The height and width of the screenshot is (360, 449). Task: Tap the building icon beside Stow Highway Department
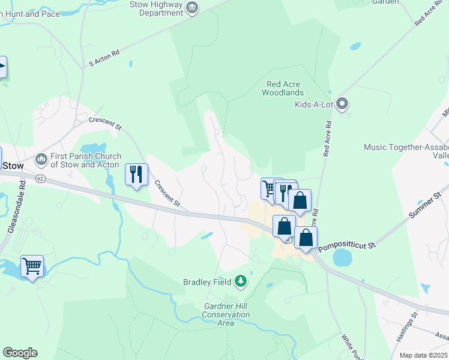click(x=193, y=8)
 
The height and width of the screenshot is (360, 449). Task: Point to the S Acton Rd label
click(x=104, y=58)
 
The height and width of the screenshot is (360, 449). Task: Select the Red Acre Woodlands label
click(x=283, y=88)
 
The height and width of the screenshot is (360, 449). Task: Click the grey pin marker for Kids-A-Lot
click(x=343, y=104)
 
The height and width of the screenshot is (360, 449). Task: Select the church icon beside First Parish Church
click(x=41, y=159)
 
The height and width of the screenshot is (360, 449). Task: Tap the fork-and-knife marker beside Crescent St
click(x=136, y=175)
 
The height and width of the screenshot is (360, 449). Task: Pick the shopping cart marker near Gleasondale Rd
click(x=32, y=265)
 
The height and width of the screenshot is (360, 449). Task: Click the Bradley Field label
click(x=208, y=281)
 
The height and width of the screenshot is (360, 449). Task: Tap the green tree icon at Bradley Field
click(x=241, y=281)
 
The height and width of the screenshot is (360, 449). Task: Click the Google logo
click(x=20, y=353)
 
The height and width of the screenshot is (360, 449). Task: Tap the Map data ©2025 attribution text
click(x=423, y=355)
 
